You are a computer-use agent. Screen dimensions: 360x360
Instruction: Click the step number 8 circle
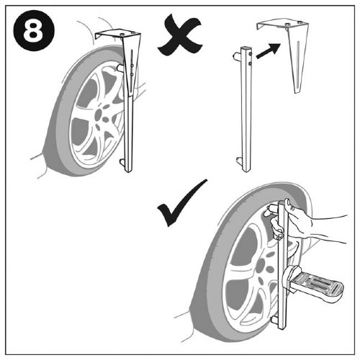pyautogui.click(x=34, y=30)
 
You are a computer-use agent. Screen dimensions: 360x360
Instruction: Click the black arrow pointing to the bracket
pyautogui.click(x=269, y=51)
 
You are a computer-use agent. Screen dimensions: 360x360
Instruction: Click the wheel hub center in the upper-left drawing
pyautogui.click(x=99, y=114)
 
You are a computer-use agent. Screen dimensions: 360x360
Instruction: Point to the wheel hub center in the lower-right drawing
pyautogui.click(x=261, y=266)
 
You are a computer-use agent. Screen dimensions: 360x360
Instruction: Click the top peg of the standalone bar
pyautogui.click(x=236, y=57)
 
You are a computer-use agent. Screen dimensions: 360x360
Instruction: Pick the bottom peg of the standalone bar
pyautogui.click(x=240, y=160)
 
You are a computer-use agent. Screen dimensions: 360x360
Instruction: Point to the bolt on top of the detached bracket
pyautogui.click(x=287, y=24)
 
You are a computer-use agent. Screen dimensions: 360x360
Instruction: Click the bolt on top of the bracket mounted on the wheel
pyautogui.click(x=122, y=35)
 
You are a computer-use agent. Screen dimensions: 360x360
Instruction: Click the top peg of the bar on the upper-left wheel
pyautogui.click(x=120, y=68)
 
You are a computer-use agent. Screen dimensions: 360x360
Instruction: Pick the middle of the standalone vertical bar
pyautogui.click(x=246, y=109)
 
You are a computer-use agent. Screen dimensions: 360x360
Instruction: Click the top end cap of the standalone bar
pyautogui.click(x=246, y=48)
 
